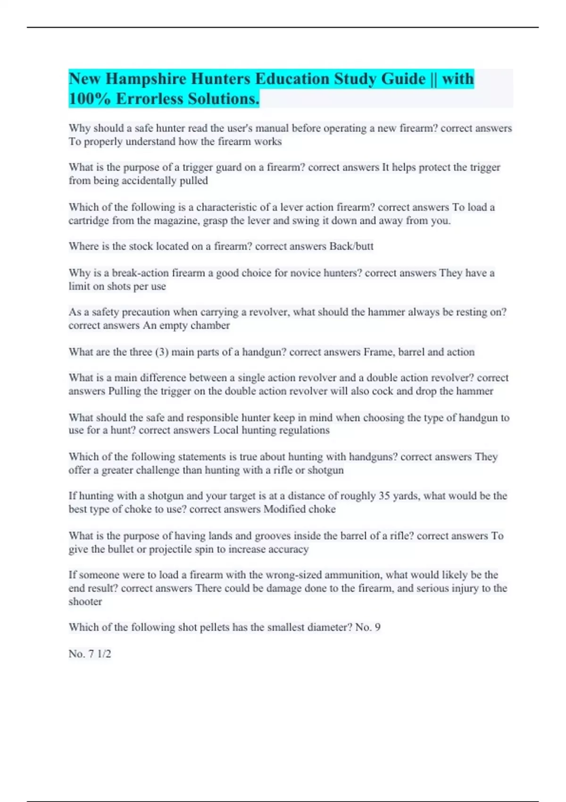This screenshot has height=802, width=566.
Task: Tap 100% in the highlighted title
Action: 90,99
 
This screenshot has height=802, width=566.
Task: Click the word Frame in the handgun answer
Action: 378,352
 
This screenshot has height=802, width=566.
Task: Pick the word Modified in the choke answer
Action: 284,510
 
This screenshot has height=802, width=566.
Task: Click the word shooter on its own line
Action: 85,602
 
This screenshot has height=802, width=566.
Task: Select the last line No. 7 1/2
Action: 90,654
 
